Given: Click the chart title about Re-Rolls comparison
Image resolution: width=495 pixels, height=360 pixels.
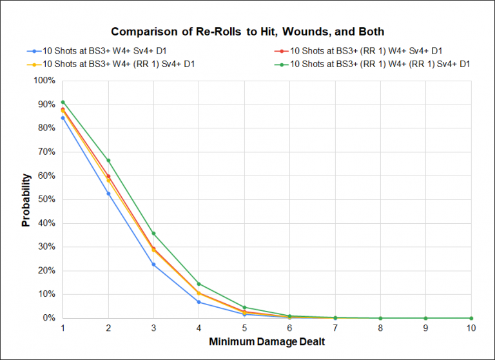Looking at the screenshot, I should point(247,31).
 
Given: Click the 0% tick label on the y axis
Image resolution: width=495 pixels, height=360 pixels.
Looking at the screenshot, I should point(50,318).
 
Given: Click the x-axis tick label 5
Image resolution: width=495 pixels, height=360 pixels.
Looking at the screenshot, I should point(244,328).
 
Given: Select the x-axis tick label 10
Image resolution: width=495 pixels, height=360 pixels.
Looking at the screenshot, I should point(471,328).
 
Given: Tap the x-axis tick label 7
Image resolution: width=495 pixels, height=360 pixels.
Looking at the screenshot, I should point(335,328).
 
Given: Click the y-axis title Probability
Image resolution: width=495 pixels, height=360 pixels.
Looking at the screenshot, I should point(26,199).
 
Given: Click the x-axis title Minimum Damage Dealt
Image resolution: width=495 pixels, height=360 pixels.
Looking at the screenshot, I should point(267,341).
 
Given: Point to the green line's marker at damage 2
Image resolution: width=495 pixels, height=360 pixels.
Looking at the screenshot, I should point(108,160).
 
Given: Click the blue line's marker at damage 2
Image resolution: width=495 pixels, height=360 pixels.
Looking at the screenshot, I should point(108,194).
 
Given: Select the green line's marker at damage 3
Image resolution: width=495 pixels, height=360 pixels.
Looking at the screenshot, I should point(153,233).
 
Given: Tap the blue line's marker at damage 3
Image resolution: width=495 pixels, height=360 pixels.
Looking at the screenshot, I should point(153,265).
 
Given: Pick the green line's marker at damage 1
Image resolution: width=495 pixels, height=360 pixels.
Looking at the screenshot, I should point(63,102).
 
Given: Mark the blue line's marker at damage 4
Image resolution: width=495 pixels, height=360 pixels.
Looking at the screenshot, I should point(199,302).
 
